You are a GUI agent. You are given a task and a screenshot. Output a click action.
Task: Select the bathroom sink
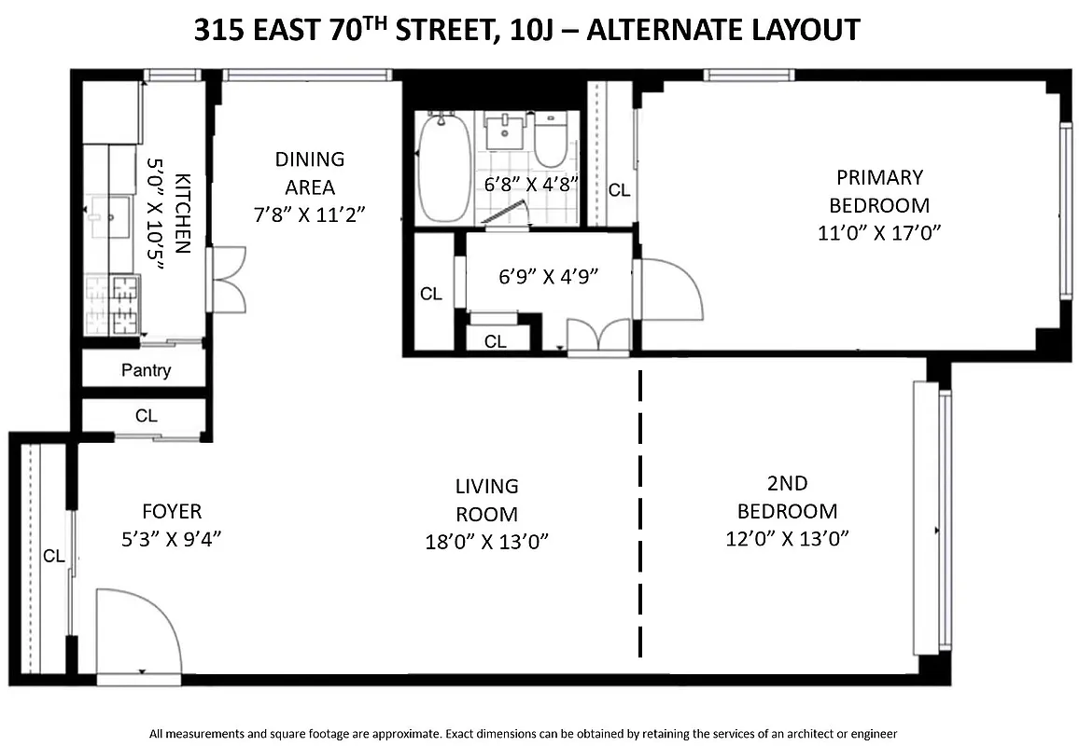pos(506,130)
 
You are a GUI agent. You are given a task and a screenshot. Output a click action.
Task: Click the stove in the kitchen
pos(113,305)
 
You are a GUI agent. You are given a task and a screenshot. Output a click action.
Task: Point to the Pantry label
pos(147,370)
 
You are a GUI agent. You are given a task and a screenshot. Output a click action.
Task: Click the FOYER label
pos(172,512)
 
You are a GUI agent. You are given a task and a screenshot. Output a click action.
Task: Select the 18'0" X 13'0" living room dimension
pos(486,542)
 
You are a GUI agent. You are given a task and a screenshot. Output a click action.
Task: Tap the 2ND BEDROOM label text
pos(787,497)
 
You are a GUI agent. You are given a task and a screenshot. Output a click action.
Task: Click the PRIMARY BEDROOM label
pos(878,191)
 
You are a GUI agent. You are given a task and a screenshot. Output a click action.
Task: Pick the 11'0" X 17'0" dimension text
pos(878,233)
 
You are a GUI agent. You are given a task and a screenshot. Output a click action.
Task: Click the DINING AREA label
pos(309,173)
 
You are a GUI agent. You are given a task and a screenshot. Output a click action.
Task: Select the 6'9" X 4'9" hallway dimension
pos(548,276)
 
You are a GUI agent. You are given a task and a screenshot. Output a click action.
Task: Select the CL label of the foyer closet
pos(53,557)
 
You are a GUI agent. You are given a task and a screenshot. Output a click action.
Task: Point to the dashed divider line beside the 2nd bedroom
pos(641,513)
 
